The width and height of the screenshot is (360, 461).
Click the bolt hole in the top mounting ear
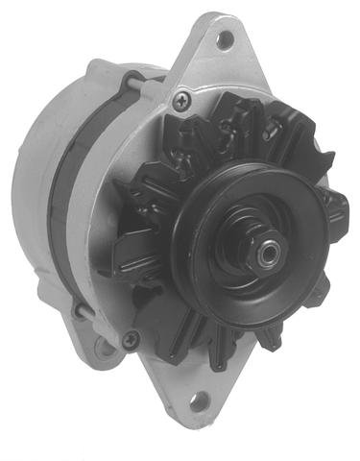click(224, 39)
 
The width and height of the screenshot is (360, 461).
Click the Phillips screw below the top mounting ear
click(181, 98)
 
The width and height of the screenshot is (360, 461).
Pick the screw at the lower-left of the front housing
click(132, 337)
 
